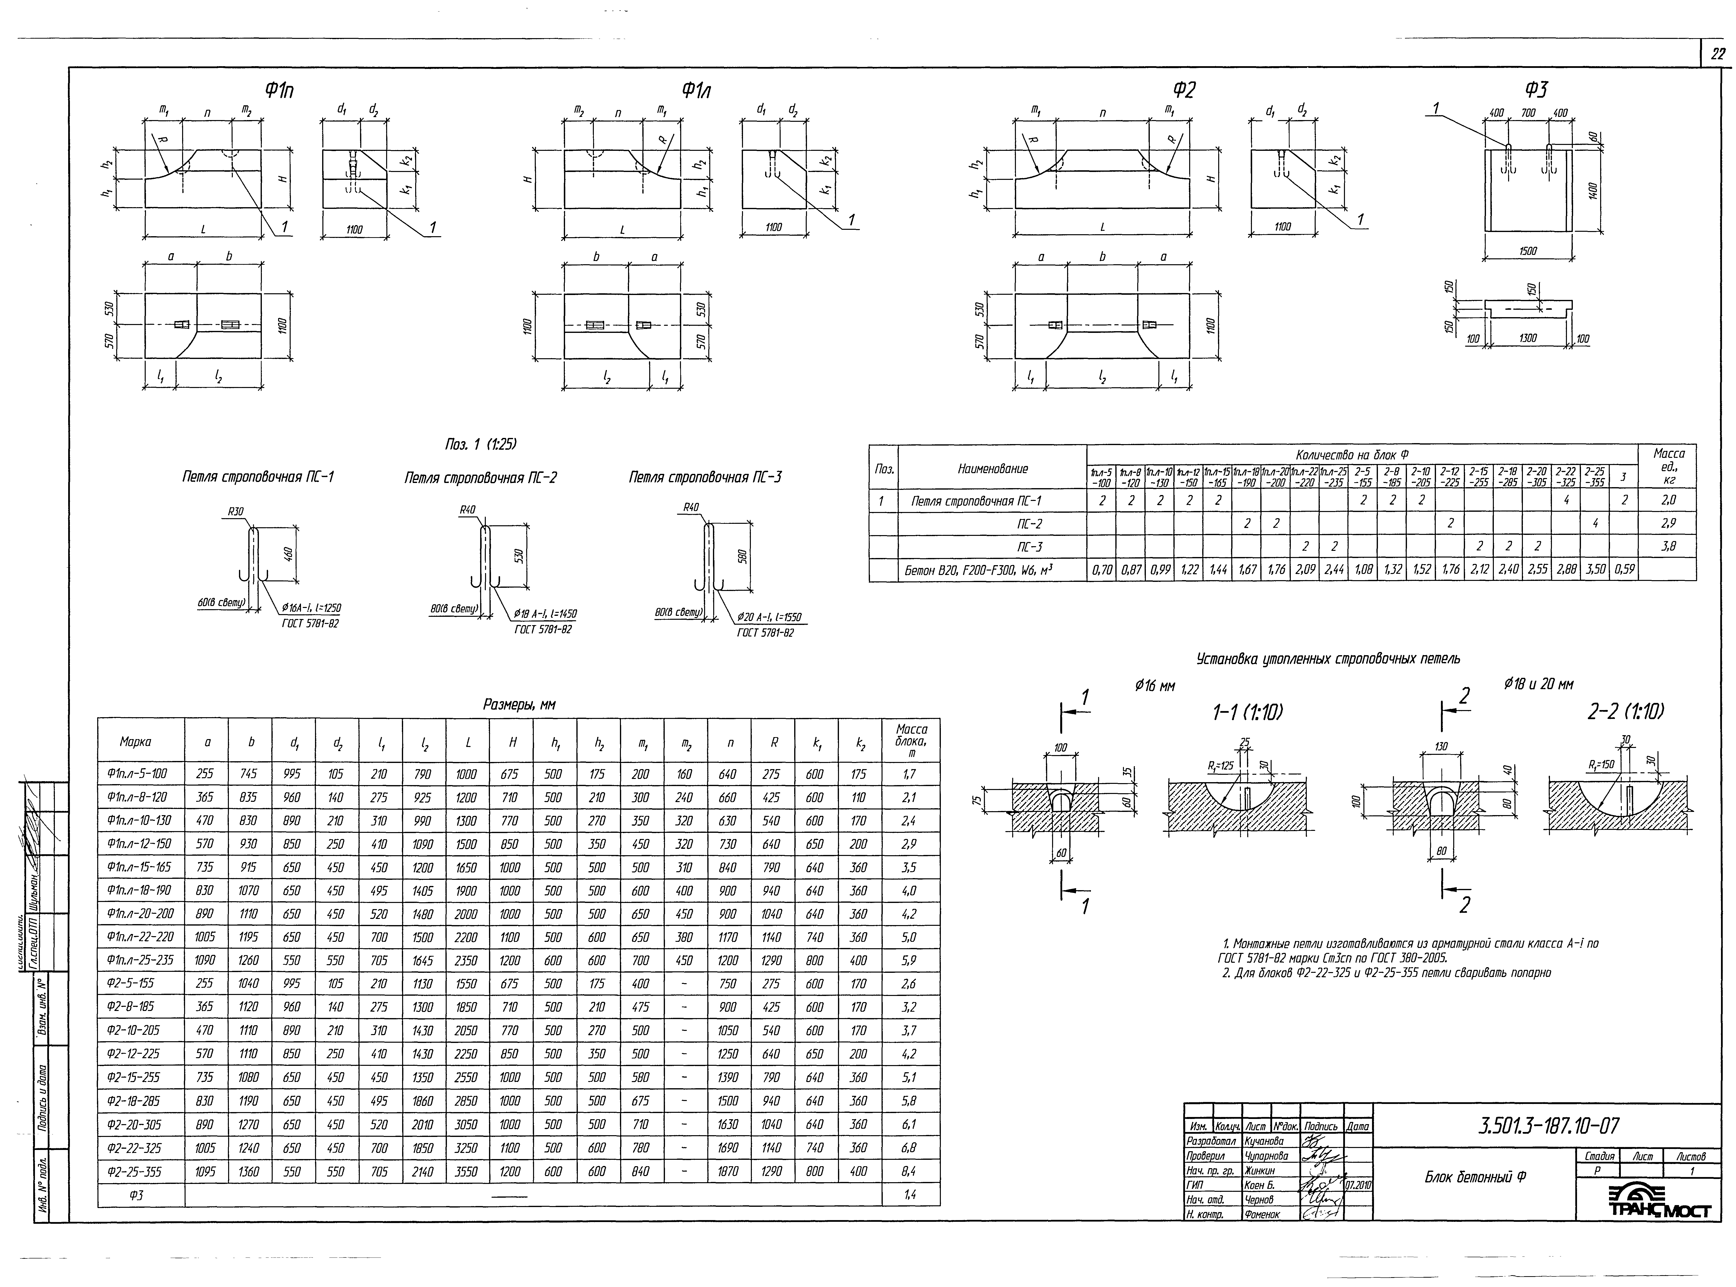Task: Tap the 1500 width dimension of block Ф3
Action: coord(1527,252)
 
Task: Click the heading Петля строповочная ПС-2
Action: coord(481,478)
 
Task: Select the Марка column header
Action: coord(136,742)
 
